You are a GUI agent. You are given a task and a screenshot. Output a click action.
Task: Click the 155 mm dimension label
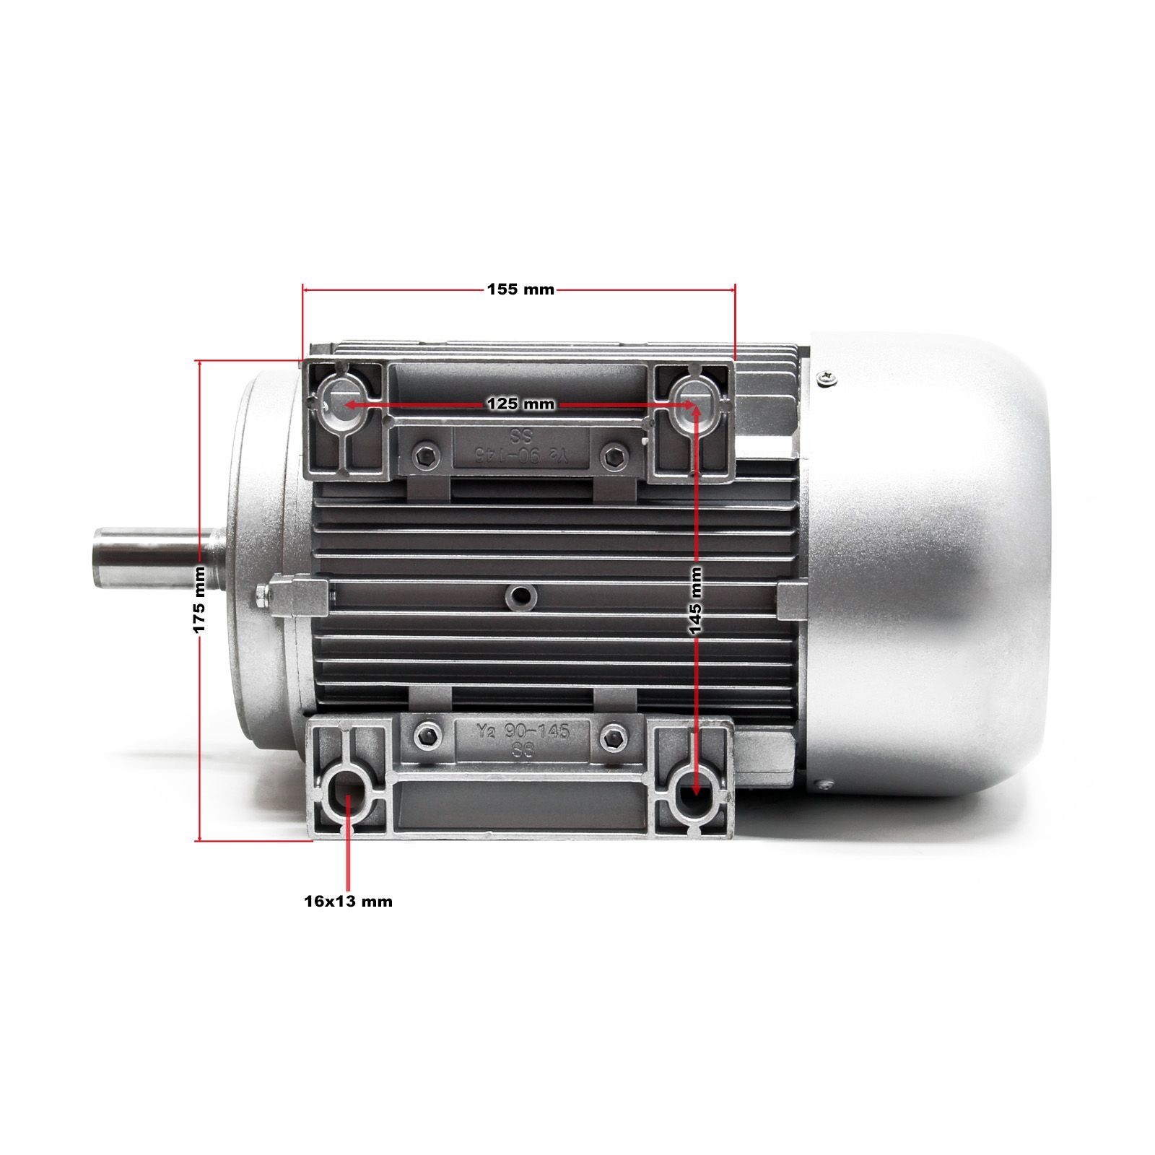coord(520,289)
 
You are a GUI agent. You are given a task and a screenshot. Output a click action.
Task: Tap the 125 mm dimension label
coord(520,404)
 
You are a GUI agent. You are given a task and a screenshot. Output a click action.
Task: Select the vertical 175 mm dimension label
coord(199,600)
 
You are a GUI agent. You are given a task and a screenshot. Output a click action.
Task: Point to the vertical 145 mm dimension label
coord(695,601)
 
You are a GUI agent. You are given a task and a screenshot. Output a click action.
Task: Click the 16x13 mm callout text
coord(348,901)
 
